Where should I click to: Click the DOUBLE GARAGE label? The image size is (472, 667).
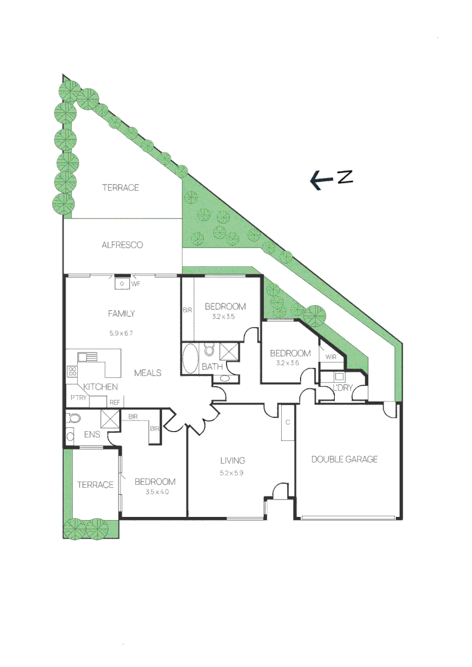pos(344,459)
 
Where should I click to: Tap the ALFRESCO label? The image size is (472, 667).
pos(122,245)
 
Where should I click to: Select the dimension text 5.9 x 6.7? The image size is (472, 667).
pos(121,333)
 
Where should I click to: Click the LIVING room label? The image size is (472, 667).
pos(233,460)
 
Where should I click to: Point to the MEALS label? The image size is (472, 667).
pos(148,373)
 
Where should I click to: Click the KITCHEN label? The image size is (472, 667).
pos(100,387)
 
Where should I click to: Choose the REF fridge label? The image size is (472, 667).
pos(114,403)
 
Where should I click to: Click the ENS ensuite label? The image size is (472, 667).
pos(92,434)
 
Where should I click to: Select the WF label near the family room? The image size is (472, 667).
pos(135,284)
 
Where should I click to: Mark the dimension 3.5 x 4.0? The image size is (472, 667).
pos(157,492)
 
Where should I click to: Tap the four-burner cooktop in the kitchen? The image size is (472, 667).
pos(72,372)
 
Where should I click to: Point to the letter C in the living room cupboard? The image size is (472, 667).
pos(288,422)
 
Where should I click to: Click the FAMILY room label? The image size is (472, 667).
pos(121,314)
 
